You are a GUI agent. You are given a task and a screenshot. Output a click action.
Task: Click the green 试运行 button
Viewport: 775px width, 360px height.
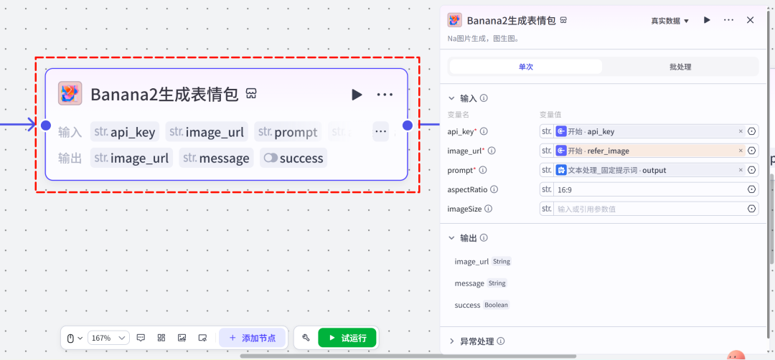[347, 338]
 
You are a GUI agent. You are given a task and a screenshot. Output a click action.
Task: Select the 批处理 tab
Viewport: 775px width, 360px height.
[680, 67]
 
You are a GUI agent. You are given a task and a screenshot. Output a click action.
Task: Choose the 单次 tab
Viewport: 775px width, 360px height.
[525, 67]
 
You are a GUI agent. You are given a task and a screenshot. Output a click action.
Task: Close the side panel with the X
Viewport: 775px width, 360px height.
[750, 20]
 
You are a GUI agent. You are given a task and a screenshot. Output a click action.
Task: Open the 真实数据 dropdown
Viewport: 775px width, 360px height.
[670, 21]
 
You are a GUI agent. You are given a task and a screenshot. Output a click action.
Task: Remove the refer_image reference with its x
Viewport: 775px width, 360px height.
[741, 151]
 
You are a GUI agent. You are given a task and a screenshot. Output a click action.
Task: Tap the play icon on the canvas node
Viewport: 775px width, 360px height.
[357, 95]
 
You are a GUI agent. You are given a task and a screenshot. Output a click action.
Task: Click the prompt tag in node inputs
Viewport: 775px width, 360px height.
[288, 132]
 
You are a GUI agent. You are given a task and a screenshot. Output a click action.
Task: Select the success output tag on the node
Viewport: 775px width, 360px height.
[293, 158]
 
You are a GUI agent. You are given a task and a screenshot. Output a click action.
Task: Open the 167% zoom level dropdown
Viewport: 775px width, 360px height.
[108, 338]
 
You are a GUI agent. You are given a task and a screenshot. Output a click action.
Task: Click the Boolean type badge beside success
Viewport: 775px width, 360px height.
[497, 305]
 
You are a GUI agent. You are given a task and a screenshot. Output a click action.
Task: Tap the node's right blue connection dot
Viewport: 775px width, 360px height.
[408, 125]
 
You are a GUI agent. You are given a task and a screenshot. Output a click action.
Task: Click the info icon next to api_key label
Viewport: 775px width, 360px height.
[484, 131]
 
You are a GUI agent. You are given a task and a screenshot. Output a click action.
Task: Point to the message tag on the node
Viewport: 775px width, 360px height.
[217, 158]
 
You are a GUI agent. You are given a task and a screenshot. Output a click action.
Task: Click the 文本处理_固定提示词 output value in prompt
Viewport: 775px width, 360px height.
[612, 171]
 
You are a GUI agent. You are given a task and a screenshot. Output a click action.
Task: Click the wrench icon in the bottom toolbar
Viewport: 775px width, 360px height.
[306, 338]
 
